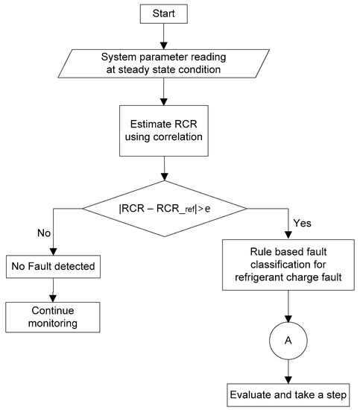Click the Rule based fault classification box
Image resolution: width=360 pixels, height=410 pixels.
(287, 268)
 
